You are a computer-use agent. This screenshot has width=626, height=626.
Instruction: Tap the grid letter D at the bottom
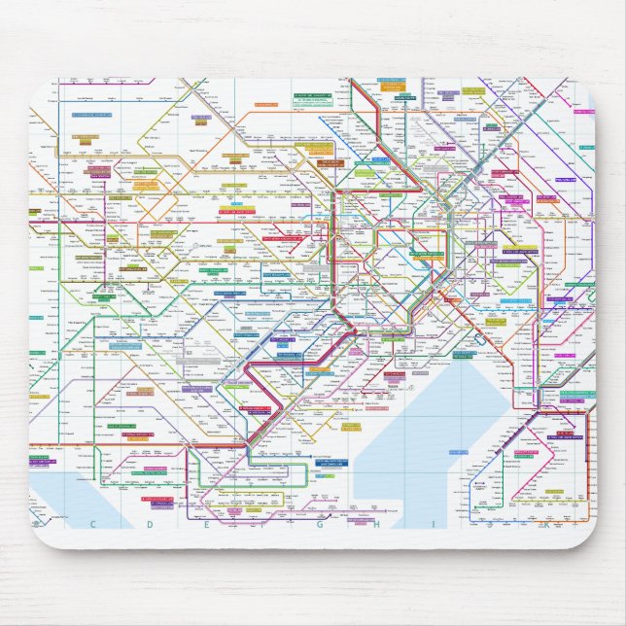coord(158,524)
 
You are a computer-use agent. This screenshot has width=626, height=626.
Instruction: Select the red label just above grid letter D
coord(157,500)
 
